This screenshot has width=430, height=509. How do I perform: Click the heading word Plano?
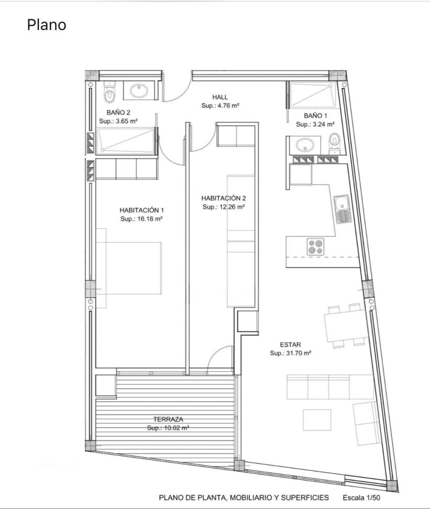click(x=46, y=25)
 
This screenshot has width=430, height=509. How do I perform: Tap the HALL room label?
click(x=220, y=97)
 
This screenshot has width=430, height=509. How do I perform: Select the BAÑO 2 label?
click(x=118, y=112)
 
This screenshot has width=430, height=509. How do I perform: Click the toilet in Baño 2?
click(x=110, y=92)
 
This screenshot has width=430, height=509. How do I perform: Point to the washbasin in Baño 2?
click(x=139, y=91)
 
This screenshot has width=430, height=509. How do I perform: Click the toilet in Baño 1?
click(x=334, y=143)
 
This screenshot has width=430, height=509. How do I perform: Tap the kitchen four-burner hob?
click(x=315, y=247)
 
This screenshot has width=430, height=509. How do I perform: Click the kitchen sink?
click(x=343, y=209)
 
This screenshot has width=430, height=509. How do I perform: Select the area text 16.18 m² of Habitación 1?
click(x=149, y=219)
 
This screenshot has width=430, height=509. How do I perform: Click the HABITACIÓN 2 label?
click(x=223, y=198)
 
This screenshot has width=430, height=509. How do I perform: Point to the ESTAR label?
click(x=290, y=344)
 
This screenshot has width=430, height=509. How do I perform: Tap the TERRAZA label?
click(x=168, y=419)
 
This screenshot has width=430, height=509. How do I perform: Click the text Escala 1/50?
click(x=361, y=498)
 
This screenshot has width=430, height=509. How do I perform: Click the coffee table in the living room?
click(x=317, y=420)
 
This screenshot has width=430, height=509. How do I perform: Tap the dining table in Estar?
click(x=346, y=326)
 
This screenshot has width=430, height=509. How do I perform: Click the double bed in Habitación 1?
click(x=129, y=268)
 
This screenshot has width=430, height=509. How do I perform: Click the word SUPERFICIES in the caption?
click(x=305, y=498)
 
